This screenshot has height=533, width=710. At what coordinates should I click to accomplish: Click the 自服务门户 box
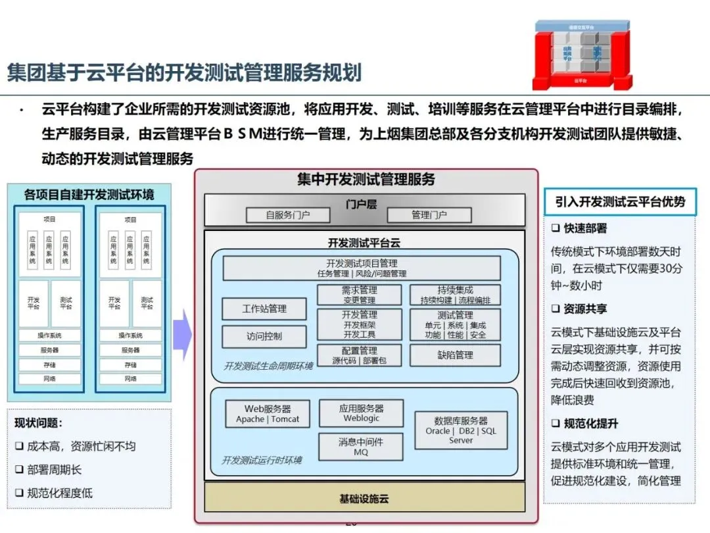click(288, 215)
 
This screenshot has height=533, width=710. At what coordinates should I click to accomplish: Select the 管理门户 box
click(429, 215)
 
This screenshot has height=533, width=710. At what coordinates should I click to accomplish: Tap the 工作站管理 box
click(264, 309)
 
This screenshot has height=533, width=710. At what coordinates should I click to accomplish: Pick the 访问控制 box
click(264, 336)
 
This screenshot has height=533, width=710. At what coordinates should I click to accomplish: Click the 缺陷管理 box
click(455, 355)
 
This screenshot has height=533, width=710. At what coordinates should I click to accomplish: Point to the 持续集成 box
click(455, 295)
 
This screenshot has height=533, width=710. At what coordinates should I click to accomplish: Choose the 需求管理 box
click(359, 295)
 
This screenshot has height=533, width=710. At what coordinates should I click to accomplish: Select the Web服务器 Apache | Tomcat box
click(267, 414)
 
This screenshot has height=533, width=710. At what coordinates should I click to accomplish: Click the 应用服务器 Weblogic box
click(361, 413)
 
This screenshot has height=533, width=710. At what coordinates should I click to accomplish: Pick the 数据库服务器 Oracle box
click(461, 430)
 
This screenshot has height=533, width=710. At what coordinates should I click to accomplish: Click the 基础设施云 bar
click(364, 499)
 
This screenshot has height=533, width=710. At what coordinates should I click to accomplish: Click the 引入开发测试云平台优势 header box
click(620, 202)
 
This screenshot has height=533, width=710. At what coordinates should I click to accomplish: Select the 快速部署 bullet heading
click(579, 228)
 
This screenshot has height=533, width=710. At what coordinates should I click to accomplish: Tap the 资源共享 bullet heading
click(579, 309)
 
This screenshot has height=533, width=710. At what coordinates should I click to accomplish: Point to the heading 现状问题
click(39, 424)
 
